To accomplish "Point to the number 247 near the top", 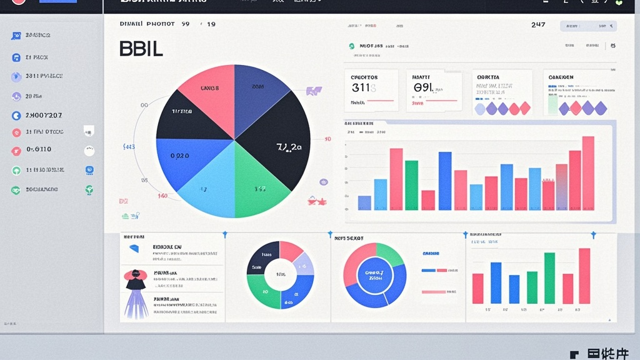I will pos(538,25).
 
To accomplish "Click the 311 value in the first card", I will pos(361,88).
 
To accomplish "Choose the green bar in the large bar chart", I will pos(411,185).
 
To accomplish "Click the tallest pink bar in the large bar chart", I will pos(588,173).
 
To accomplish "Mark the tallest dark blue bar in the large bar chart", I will pos(445,181).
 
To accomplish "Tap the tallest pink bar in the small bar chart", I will pos(584,276).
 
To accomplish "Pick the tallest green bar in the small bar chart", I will pos(549,278).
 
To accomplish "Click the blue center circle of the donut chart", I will pos(374,274).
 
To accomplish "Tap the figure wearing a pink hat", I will pos(136,278).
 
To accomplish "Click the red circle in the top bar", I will pos(19,2).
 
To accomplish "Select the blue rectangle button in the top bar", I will pos(57,2).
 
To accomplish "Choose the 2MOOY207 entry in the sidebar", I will pos(44,116).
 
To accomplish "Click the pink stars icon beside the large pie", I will pos(317,201).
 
